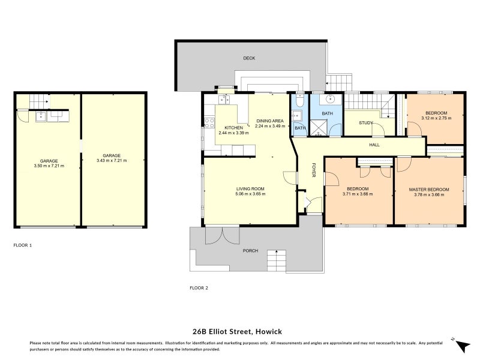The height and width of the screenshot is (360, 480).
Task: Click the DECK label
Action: click(249, 58)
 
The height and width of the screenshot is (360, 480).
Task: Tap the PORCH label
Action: click(250, 251)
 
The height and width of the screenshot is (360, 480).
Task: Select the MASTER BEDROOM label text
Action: click(428, 190)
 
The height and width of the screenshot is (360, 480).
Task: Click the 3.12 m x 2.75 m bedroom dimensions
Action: click(436, 118)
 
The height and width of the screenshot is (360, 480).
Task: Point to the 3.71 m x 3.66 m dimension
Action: click(358, 194)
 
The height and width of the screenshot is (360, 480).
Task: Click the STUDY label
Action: click(366, 123)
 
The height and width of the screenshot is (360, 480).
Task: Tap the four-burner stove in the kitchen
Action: click(209, 124)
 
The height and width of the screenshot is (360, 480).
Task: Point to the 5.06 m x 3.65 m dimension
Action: click(250, 194)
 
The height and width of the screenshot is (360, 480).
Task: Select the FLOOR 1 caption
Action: click(22, 245)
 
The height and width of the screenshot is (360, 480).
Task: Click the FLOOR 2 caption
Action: click(199, 288)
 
